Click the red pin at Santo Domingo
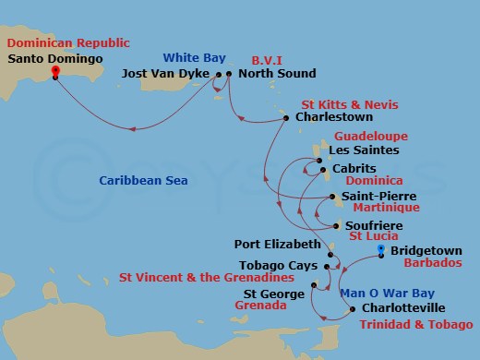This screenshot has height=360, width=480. pos(54,70)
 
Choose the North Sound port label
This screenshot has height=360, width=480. pos(277,74)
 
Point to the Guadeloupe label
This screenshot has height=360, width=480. pos(377,136)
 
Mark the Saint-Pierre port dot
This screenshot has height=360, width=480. pos(333,197)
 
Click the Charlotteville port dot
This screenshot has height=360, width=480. pos(353,308)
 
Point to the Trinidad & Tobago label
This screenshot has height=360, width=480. pos(414,325)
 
